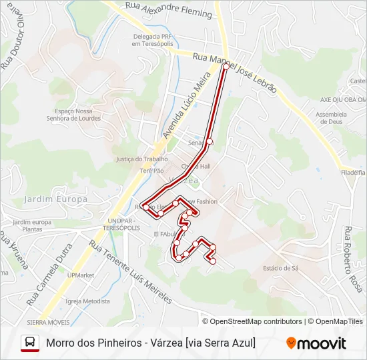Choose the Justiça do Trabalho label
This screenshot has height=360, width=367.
pyautogui.click(x=141, y=159)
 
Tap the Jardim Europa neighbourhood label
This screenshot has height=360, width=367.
pyautogui.click(x=55, y=199)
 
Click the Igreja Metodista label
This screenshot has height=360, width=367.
pyautogui.click(x=88, y=301)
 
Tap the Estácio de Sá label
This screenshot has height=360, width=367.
pyautogui.click(x=280, y=268)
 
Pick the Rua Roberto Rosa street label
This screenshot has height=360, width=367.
pyautogui.click(x=353, y=259)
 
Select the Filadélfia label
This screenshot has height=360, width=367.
pyautogui.click(x=353, y=172)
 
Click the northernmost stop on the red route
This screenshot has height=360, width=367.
pyautogui.click(x=226, y=66)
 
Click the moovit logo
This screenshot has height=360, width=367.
pyautogui.click(x=316, y=343)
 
